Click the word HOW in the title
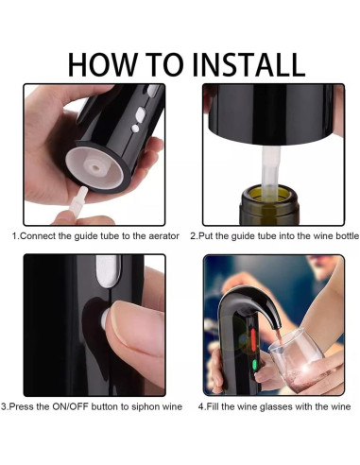[x=103, y=64]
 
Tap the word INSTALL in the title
[x=249, y=64]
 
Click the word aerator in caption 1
[x=163, y=236]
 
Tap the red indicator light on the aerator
[x=253, y=340]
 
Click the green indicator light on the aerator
[x=254, y=365]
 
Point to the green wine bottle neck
[x=269, y=205]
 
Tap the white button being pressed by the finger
[x=104, y=319]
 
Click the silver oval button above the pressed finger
[x=109, y=270]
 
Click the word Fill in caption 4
[x=212, y=406]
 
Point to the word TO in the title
[x=164, y=64]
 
